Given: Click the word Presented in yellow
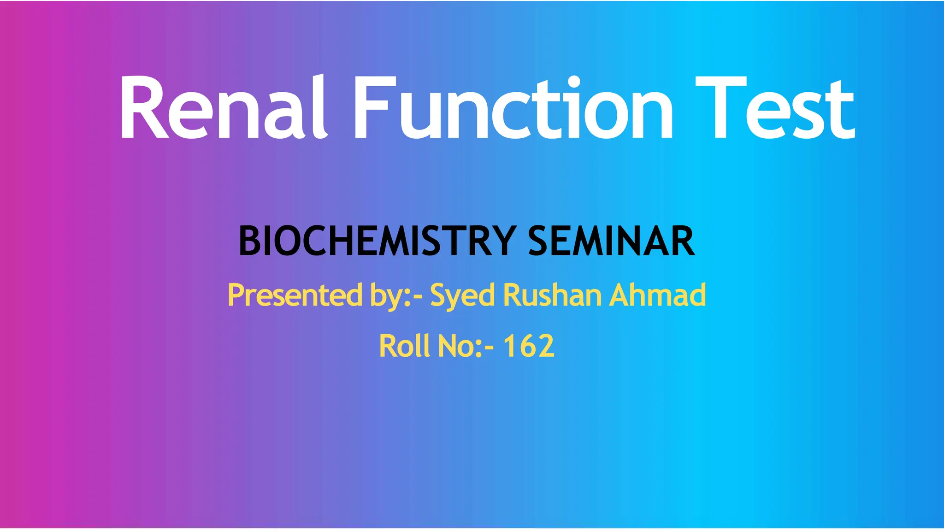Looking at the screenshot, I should [x=295, y=295].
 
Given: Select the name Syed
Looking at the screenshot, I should [x=462, y=296].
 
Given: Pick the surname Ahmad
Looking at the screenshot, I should [x=657, y=295].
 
